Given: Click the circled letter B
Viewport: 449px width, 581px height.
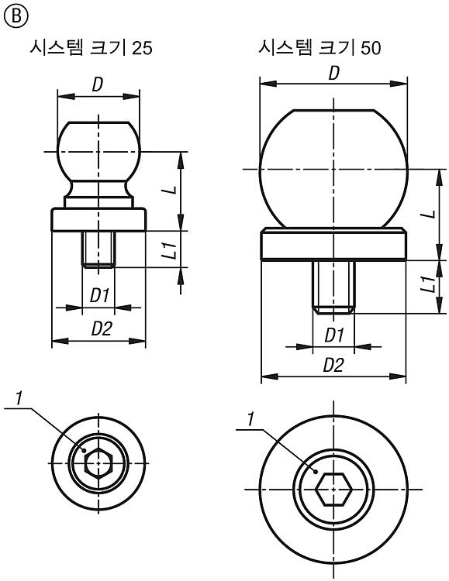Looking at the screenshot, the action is (x=16, y=17).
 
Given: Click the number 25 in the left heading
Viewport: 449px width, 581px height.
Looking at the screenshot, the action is (x=142, y=48).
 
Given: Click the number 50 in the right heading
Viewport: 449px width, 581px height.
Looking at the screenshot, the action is (x=371, y=48).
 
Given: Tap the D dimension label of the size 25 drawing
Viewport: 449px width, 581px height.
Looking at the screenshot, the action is (x=98, y=85).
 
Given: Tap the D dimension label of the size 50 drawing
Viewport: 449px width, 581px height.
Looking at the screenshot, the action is (x=334, y=74).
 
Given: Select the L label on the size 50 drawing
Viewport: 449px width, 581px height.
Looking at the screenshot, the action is (x=430, y=214).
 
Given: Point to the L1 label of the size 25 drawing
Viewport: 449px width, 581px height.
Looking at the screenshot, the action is (x=171, y=249).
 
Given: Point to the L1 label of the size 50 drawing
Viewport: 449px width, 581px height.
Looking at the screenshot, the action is (x=430, y=284).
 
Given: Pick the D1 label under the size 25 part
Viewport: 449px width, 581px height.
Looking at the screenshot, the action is (x=99, y=296).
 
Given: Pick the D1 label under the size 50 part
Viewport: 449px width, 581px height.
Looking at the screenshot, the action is (x=334, y=335).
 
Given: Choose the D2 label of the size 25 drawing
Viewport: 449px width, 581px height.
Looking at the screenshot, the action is (x=102, y=328).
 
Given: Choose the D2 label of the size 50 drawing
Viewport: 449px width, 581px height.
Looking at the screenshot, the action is (x=333, y=366).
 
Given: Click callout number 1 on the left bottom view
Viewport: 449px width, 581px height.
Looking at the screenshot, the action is (x=19, y=398).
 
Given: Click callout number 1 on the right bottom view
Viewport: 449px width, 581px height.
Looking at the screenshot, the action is (x=251, y=419).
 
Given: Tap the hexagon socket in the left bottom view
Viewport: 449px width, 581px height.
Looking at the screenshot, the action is (x=98, y=463).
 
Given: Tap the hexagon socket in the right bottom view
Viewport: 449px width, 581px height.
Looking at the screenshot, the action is (x=333, y=489).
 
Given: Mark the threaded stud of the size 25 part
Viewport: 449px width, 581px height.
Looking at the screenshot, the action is (x=98, y=249).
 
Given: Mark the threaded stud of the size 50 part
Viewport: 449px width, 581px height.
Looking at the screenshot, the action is (x=333, y=287).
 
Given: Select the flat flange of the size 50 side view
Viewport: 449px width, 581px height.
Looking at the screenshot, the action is (x=333, y=244).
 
